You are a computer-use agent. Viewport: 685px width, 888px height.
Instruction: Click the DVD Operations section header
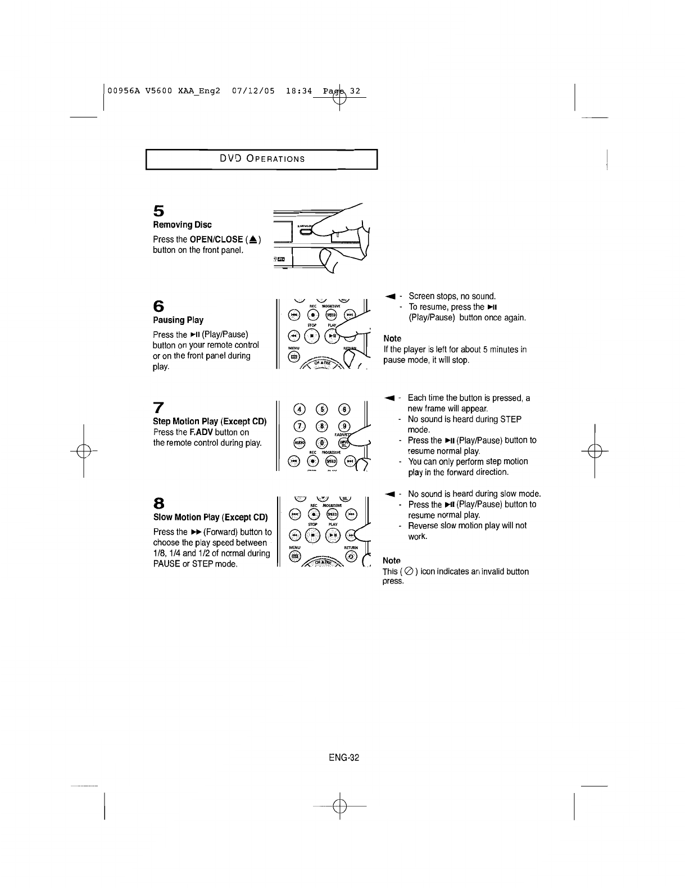coord(262,158)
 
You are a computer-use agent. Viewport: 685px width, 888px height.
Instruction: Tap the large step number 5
coord(159,211)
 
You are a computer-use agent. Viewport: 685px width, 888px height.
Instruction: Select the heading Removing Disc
coord(182,225)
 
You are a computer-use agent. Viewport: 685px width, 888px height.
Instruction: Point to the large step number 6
coord(159,306)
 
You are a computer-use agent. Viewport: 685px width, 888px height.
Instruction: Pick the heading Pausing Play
coord(178,320)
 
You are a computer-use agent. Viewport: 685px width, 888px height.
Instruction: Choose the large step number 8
coord(158,502)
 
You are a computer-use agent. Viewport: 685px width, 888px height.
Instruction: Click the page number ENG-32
coord(344,757)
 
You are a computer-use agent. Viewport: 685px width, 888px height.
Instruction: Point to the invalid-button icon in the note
coord(409,572)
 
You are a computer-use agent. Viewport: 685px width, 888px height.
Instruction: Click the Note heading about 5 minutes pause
coord(392,338)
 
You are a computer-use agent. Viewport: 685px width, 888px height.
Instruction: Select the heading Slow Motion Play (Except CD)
coord(210,517)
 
